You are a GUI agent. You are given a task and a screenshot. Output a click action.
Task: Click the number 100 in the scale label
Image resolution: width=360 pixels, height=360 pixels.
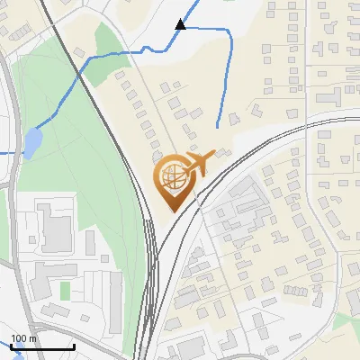(x=18, y=338)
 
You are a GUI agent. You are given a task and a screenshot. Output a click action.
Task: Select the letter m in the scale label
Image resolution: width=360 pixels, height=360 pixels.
(x=32, y=338)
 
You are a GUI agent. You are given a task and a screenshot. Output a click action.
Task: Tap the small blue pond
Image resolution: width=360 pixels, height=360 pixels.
(x=32, y=141)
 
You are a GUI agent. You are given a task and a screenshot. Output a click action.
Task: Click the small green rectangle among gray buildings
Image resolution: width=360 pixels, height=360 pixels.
(x=65, y=291)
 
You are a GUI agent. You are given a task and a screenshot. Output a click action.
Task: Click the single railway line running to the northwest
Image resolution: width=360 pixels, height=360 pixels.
(x=63, y=36)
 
